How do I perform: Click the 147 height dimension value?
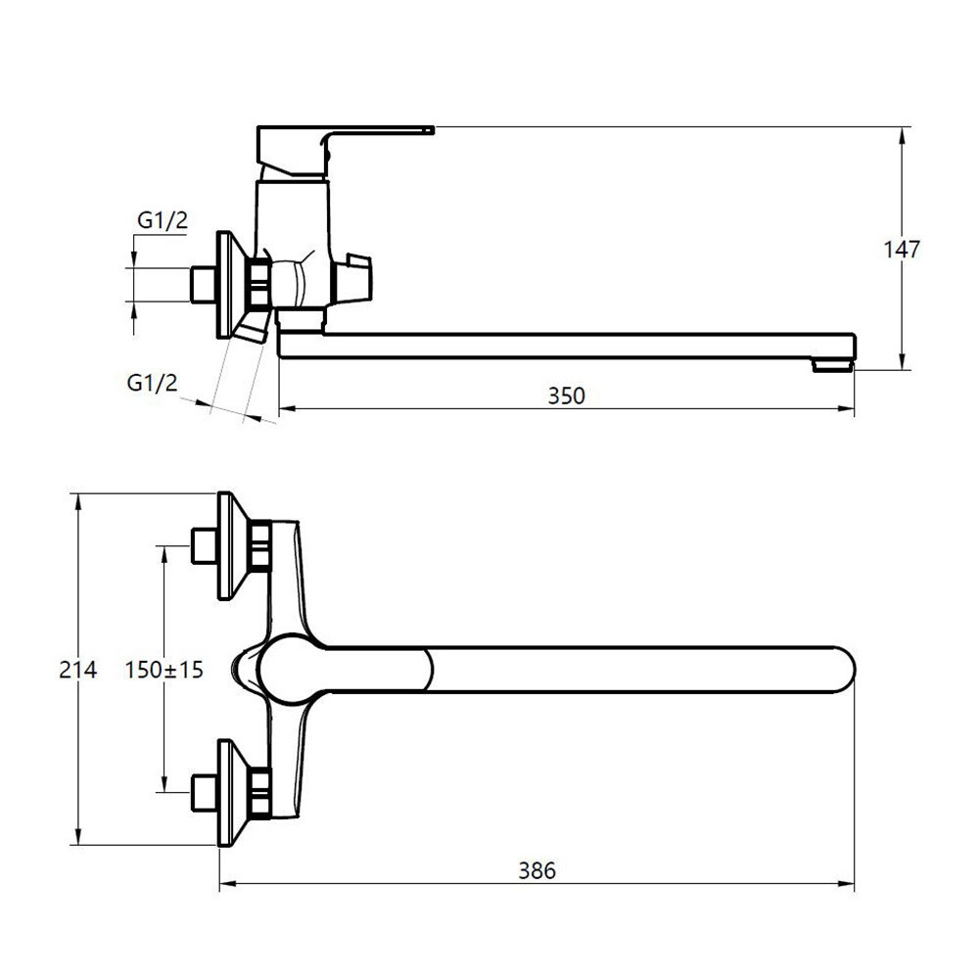902,249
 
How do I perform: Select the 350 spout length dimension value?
566,396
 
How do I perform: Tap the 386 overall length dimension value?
536,870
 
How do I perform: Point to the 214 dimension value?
78,670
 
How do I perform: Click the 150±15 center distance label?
164,670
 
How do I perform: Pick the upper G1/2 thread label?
163,219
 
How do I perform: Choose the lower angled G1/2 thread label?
153,382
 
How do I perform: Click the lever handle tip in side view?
430,130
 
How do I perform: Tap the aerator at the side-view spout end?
833,365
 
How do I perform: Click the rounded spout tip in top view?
844,670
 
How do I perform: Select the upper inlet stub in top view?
203,545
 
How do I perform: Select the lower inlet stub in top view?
203,793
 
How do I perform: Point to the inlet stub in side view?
203,285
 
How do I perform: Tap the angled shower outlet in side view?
253,326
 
